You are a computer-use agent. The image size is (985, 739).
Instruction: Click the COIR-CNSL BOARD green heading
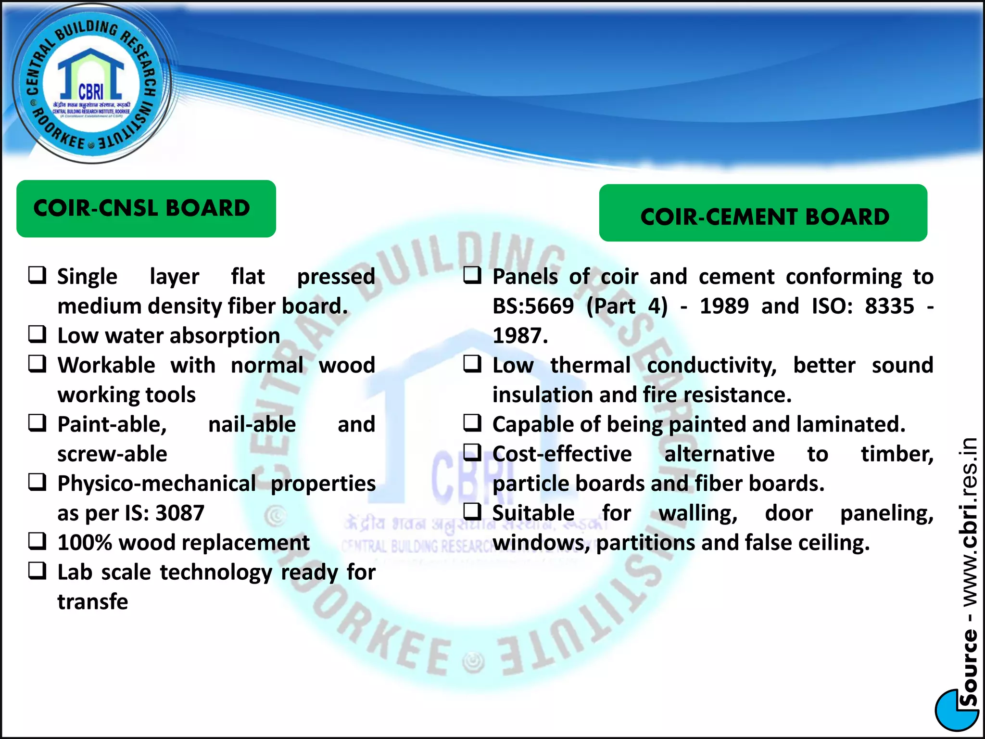click(146, 208)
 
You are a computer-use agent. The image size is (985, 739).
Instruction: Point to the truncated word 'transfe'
click(93, 602)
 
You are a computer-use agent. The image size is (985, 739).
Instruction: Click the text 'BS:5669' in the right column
click(533, 306)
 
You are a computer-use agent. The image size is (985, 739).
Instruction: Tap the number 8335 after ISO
click(889, 306)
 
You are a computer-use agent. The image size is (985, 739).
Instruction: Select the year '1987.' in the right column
click(520, 336)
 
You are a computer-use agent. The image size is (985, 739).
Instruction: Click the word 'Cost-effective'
click(562, 454)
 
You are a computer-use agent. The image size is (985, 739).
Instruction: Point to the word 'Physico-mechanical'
click(157, 484)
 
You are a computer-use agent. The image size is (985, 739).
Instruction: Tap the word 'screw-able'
click(112, 454)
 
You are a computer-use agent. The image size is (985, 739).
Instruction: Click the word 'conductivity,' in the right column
click(711, 366)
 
